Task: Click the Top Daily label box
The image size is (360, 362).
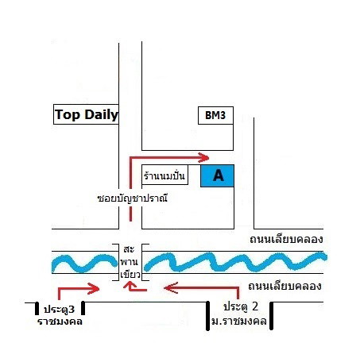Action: tap(86, 114)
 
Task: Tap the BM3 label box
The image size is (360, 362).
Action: tap(215, 115)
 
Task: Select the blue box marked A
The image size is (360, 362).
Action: tap(217, 175)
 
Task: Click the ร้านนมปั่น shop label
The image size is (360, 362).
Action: tap(165, 175)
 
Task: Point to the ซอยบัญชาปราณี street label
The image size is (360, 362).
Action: tap(133, 198)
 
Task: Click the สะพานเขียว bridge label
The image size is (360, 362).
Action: tap(130, 262)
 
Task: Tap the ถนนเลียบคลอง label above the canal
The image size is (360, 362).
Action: tap(286, 240)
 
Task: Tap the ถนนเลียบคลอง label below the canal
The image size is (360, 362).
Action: tap(285, 287)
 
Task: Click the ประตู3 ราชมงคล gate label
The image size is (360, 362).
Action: tap(60, 315)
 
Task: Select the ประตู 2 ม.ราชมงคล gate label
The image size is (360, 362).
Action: tap(239, 314)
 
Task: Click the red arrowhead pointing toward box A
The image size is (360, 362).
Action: tap(203, 157)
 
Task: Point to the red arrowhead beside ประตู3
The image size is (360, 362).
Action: tap(94, 288)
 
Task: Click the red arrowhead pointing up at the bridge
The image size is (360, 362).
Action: tap(130, 285)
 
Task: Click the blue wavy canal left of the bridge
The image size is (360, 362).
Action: tap(84, 264)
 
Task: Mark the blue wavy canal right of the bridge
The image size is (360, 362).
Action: tap(236, 262)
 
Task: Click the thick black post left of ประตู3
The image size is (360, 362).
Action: tap(37, 308)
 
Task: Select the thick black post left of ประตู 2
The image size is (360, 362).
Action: tap(208, 316)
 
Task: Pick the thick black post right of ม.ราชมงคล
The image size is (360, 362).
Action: tap(271, 316)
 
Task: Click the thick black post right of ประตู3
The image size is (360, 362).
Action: tap(83, 308)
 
